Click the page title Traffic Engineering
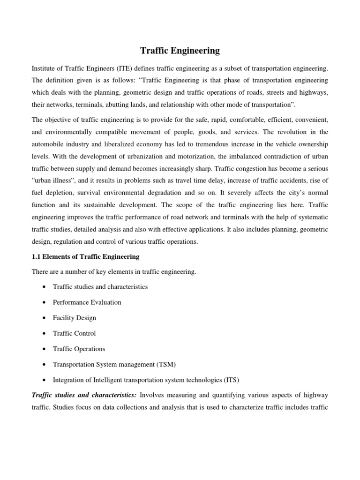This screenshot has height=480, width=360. coord(180,50)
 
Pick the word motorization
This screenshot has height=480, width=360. coord(183,156)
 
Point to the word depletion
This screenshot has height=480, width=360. coord(60,192)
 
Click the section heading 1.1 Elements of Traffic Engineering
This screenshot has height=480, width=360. coord(85,256)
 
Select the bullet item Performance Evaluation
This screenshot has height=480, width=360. coord(87,302)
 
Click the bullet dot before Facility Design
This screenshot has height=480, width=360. coord(44,318)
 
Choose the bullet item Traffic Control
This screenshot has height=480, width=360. coord(75,333)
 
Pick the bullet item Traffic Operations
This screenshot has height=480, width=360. coord(79,349)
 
